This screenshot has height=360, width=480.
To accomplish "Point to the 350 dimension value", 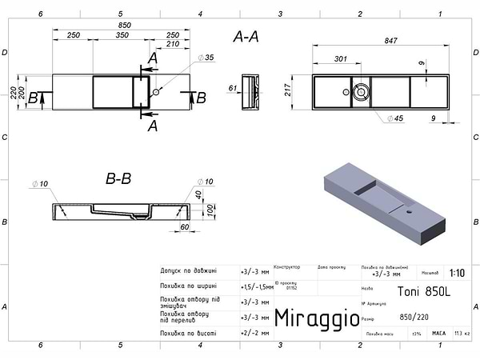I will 122,35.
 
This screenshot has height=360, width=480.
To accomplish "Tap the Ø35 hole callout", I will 207,58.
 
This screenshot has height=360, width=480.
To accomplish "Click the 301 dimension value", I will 340,58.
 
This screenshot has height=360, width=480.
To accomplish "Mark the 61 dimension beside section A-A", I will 233,88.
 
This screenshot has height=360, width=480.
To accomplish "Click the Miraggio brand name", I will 316,318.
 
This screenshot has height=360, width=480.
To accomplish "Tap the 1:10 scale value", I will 457,273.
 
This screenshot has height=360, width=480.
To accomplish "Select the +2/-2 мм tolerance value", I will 254,332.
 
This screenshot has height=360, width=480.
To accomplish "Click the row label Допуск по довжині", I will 189,271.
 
